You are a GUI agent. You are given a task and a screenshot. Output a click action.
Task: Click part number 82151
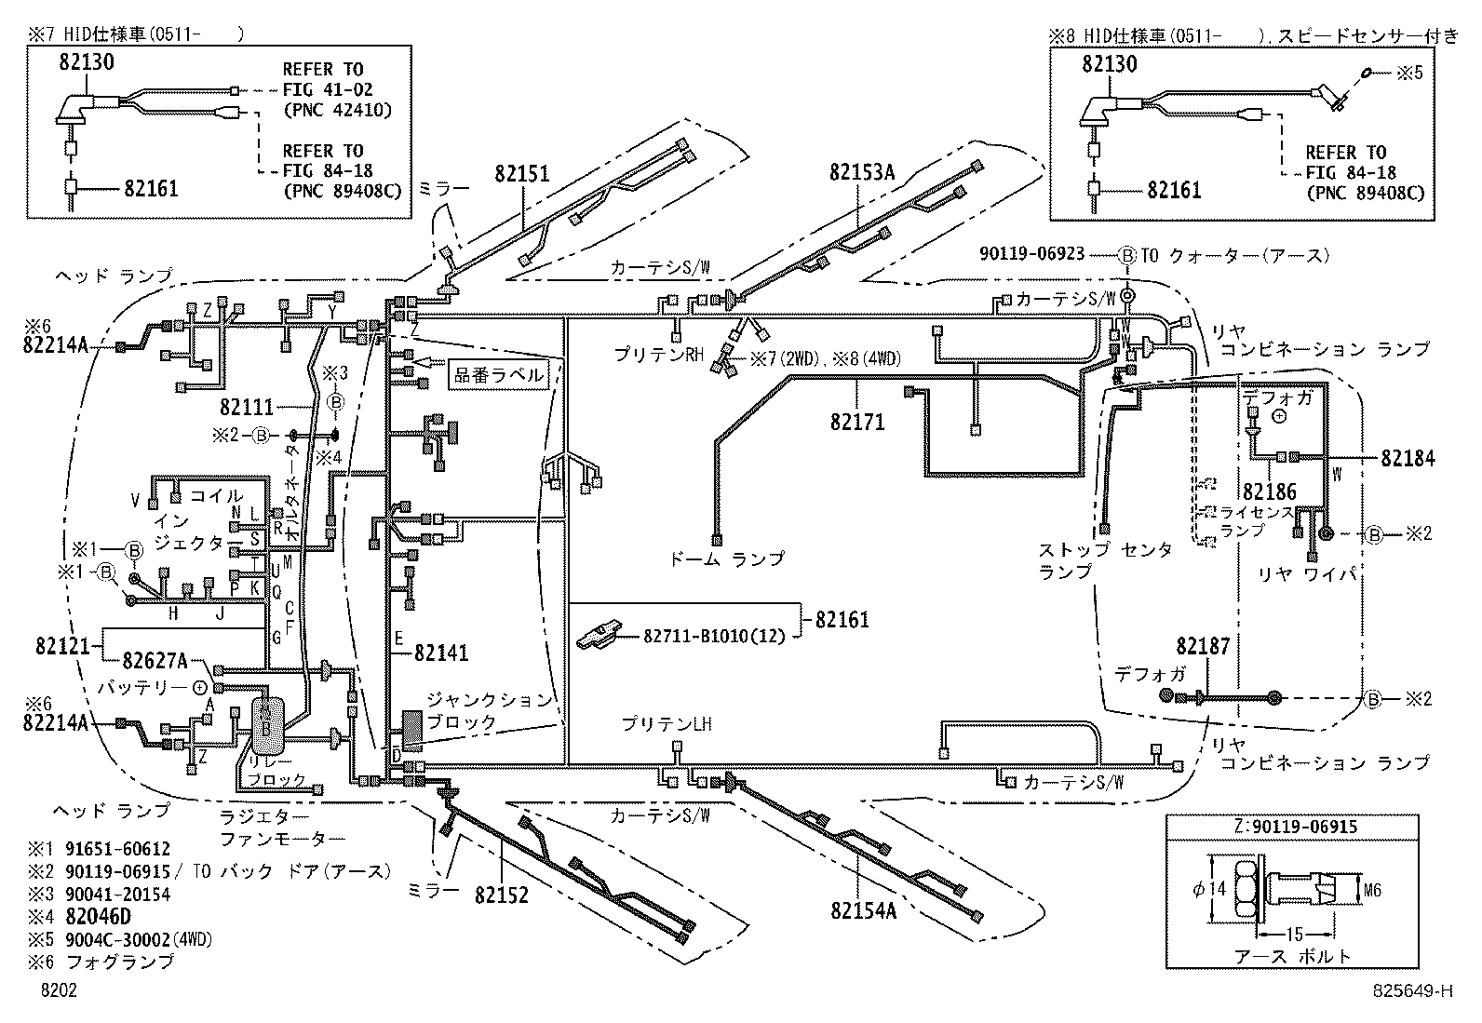521,173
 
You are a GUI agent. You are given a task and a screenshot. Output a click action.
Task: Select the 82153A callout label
862,172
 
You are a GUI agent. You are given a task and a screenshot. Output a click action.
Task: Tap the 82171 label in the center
857,423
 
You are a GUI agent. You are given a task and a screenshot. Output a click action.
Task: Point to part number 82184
1408,458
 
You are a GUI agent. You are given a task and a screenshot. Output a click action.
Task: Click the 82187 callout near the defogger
1203,646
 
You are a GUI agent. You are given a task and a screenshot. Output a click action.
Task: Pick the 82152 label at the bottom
501,895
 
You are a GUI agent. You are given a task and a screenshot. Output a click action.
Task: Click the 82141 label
441,653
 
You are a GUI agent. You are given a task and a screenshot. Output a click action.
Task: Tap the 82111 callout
247,407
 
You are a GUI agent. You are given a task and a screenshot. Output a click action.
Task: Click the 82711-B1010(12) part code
714,636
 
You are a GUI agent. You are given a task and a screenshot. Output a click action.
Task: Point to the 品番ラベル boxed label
499,375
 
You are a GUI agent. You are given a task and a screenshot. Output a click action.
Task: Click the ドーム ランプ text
727,559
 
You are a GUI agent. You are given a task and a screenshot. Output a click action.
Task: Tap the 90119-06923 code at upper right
1032,253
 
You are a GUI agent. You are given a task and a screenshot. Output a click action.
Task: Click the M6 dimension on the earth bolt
1371,890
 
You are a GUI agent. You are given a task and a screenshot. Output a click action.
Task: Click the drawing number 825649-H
1411,991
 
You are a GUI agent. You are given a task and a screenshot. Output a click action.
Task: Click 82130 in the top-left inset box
86,63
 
